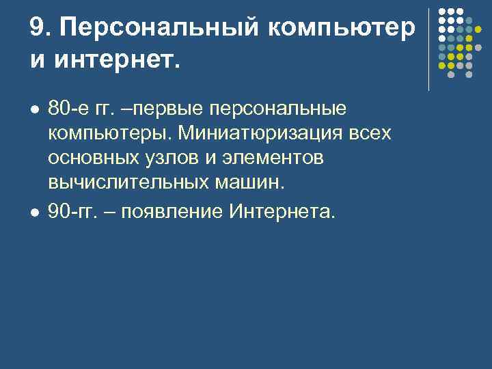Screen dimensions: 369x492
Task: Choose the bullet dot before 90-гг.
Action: pyautogui.click(x=34, y=212)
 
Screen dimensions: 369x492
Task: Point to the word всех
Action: pyautogui.click(x=372, y=134)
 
